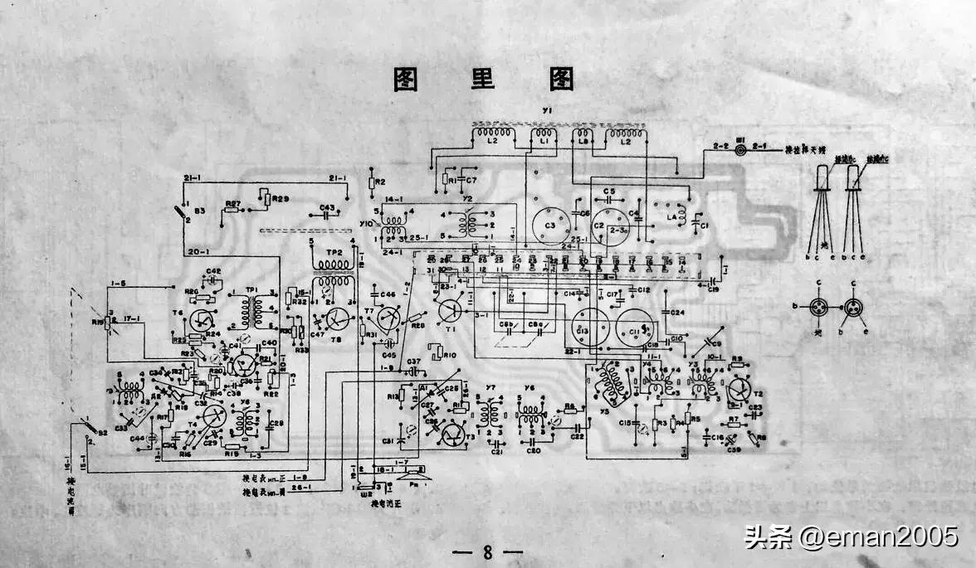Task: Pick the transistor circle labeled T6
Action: (x=203, y=319)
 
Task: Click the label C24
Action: (x=677, y=313)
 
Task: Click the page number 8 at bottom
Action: (x=488, y=551)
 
